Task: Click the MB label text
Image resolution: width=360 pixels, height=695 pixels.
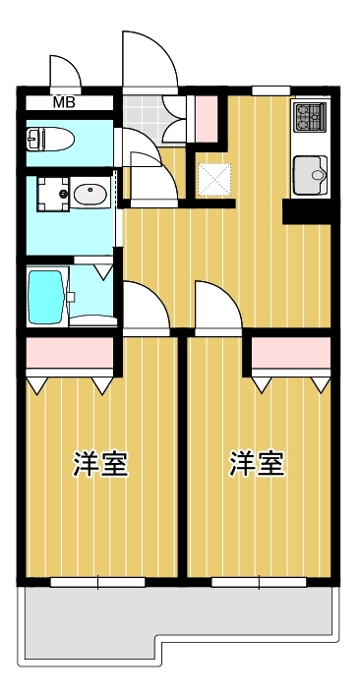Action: coord(64,101)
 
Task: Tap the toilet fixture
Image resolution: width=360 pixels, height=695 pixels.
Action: coord(48,139)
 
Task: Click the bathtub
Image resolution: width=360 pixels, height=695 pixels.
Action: coord(46,294)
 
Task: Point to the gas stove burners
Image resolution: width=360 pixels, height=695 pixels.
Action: coord(310,117)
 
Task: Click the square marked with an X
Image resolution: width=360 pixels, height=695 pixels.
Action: coord(213,178)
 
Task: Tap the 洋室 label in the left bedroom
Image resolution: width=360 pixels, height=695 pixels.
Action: coord(100,464)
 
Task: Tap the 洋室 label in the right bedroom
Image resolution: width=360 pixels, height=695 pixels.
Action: coord(258,464)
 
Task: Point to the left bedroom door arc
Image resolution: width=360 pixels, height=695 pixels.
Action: coord(144,306)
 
